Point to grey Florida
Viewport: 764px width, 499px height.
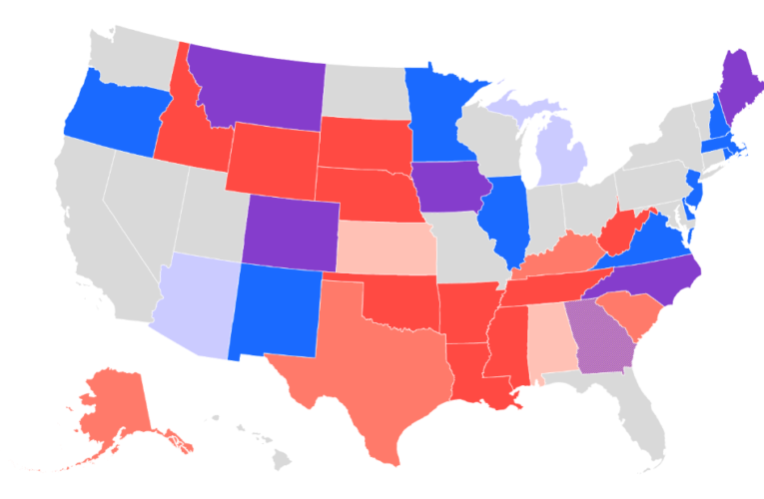point(644,419)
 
